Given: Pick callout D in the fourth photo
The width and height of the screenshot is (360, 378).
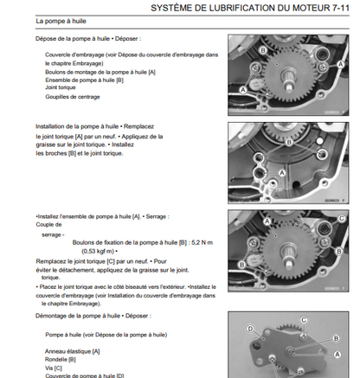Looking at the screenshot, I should pyautogui.click(x=251, y=330).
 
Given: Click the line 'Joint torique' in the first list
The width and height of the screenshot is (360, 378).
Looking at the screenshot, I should pyautogui.click(x=60, y=87).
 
